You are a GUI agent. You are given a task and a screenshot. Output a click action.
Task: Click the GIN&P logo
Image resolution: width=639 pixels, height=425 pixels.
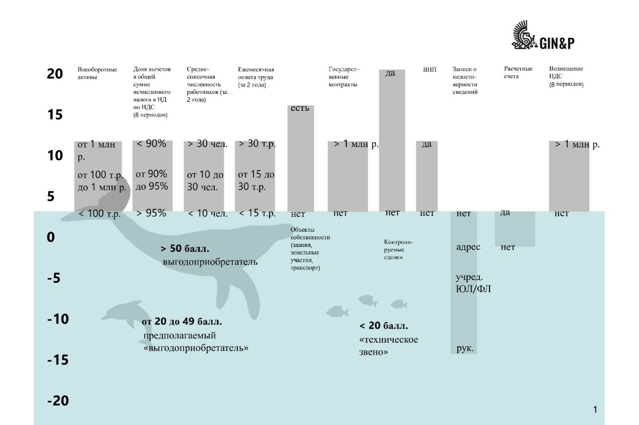[x=543, y=36]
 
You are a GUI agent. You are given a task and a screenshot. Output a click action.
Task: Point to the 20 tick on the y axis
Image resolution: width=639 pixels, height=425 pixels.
[x=55, y=74]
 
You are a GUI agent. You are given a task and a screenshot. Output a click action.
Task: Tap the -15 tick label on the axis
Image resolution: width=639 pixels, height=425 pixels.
[x=58, y=360]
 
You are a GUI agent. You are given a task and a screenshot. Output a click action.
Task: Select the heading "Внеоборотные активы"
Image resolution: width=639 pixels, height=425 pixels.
[x=97, y=73]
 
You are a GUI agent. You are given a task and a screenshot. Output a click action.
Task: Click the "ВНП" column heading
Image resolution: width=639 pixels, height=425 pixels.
[x=430, y=70]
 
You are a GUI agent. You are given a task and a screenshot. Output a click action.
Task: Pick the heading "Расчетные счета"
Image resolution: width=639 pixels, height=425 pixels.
[x=518, y=72]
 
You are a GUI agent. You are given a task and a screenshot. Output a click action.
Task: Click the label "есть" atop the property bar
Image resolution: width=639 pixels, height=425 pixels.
[x=300, y=108]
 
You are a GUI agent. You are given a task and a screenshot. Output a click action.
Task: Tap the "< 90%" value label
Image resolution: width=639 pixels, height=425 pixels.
[x=151, y=144]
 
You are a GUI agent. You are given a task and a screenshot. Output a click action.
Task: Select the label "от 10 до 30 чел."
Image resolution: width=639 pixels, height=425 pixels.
[x=205, y=181]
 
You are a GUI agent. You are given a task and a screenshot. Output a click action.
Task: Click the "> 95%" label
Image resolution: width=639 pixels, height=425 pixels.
[x=151, y=213]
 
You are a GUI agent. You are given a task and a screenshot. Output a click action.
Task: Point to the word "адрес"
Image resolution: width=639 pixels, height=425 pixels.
[x=468, y=247]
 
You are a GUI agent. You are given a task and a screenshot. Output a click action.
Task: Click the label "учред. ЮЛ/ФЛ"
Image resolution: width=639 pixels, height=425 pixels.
[x=473, y=283]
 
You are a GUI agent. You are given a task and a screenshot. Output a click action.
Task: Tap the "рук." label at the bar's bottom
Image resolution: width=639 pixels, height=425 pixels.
[x=465, y=348]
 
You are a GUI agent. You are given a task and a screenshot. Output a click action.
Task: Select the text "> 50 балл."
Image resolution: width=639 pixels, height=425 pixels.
[x=185, y=248]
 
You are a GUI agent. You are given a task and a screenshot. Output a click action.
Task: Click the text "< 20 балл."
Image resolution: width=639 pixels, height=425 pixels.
[x=384, y=326]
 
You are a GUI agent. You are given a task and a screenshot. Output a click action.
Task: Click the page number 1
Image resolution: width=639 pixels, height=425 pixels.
[x=595, y=409]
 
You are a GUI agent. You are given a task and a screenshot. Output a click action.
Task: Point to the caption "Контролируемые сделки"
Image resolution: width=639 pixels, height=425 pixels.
[x=398, y=249]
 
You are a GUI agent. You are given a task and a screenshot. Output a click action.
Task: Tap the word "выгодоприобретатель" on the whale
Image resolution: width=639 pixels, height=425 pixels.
[x=210, y=262]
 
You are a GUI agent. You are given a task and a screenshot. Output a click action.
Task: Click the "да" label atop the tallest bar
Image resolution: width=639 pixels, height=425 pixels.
[x=390, y=73]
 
